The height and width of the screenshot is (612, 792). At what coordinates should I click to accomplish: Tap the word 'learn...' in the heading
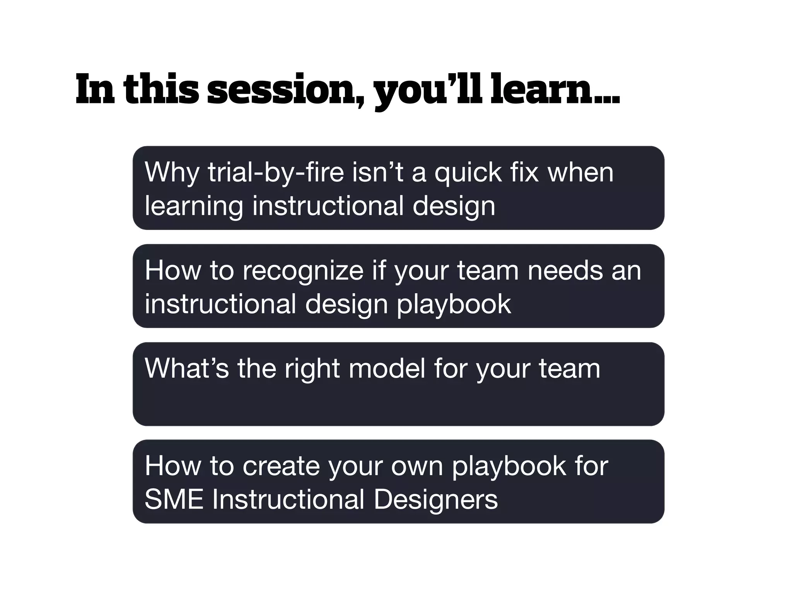[x=555, y=90]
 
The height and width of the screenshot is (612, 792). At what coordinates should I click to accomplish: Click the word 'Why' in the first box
[x=172, y=173]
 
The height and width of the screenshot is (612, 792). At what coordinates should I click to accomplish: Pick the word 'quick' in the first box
[x=468, y=173]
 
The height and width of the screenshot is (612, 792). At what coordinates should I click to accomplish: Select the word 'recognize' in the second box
[x=303, y=271]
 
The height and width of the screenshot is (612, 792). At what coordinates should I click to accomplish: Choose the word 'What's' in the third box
[x=186, y=368]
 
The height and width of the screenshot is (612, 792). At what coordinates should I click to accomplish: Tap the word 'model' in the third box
[x=387, y=368]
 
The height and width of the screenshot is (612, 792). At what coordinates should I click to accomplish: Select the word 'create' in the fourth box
[x=281, y=466]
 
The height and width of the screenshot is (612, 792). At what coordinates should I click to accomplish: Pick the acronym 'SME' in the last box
[x=174, y=499]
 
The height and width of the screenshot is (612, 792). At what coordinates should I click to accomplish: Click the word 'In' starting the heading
[x=95, y=90]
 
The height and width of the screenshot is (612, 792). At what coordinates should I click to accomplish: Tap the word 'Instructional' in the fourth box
[x=288, y=499]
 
